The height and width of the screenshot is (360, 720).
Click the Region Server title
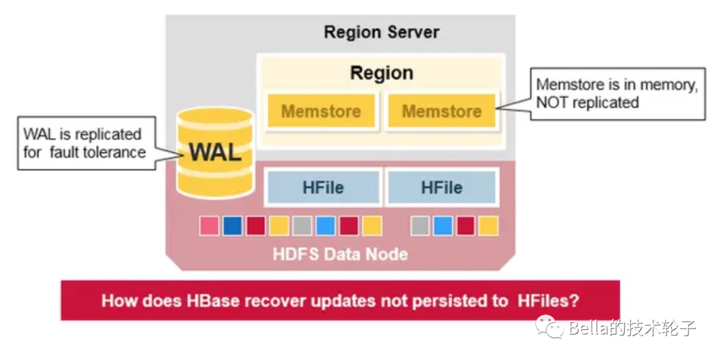381,32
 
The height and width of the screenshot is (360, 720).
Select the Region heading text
381,73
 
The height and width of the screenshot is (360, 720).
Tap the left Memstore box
321,111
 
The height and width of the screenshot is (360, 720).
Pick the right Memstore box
441,111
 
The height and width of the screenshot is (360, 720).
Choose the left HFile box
323,187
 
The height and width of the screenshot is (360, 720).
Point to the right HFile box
441,187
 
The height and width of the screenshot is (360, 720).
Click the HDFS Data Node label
340,255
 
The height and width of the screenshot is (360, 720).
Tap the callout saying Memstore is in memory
617,93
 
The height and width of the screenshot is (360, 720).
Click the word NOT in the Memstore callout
554,103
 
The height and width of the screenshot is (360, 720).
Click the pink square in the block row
209,226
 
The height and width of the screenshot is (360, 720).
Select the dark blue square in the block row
233,226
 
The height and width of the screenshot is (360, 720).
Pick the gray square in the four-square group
420,226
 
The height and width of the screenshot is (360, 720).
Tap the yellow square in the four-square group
488,226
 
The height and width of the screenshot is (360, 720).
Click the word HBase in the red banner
200,301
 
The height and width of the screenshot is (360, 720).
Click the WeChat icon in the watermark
551,327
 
